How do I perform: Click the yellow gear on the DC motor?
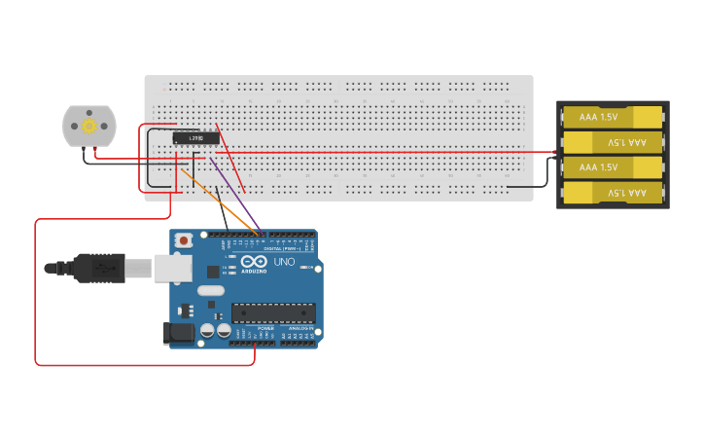click(89, 126)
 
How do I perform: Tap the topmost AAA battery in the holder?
click(613, 117)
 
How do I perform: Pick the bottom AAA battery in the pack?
click(613, 193)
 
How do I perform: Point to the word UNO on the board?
click(283, 262)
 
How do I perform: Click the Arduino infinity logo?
click(254, 262)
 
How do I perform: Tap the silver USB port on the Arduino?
click(171, 268)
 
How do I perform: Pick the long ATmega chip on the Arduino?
click(272, 312)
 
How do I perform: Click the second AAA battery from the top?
click(613, 142)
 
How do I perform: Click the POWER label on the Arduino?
click(265, 328)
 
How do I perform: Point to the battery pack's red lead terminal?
click(553, 152)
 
